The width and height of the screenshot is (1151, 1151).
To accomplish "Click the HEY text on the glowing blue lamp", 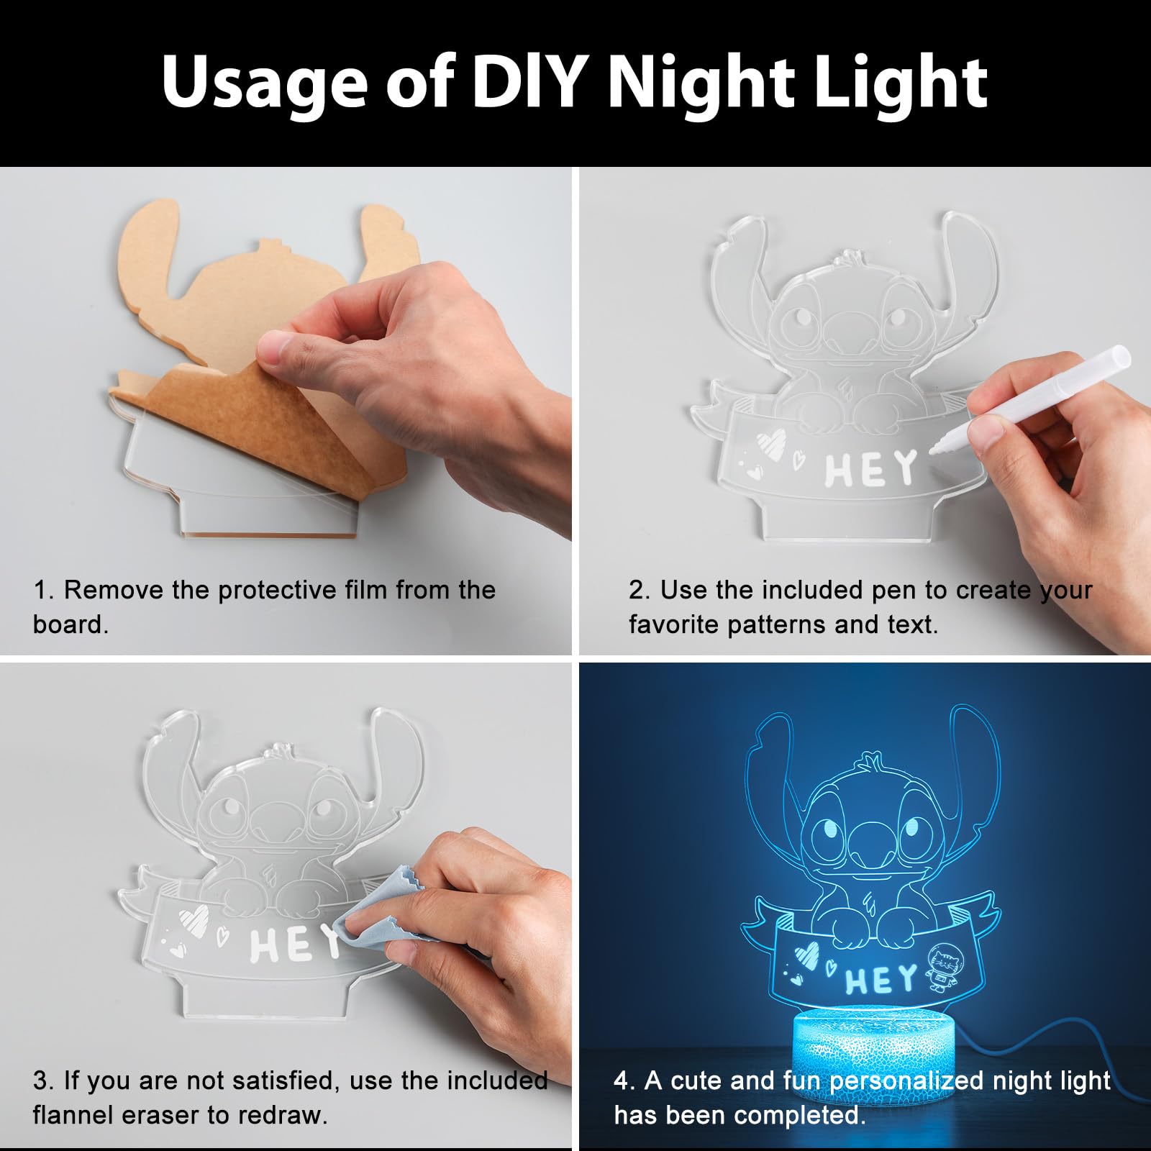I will click(881, 981).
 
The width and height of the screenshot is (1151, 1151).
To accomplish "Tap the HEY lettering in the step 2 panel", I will click(870, 469).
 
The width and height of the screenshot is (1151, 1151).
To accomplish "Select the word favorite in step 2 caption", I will click(674, 624).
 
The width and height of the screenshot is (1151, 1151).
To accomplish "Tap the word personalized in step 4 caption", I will click(906, 1081).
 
